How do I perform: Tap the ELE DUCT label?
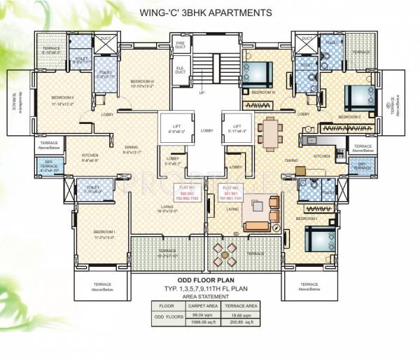pyautogui.click(x=179, y=69)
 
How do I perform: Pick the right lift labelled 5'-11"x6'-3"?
pyautogui.click(x=235, y=127)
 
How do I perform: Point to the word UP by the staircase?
pyautogui.click(x=202, y=92)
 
